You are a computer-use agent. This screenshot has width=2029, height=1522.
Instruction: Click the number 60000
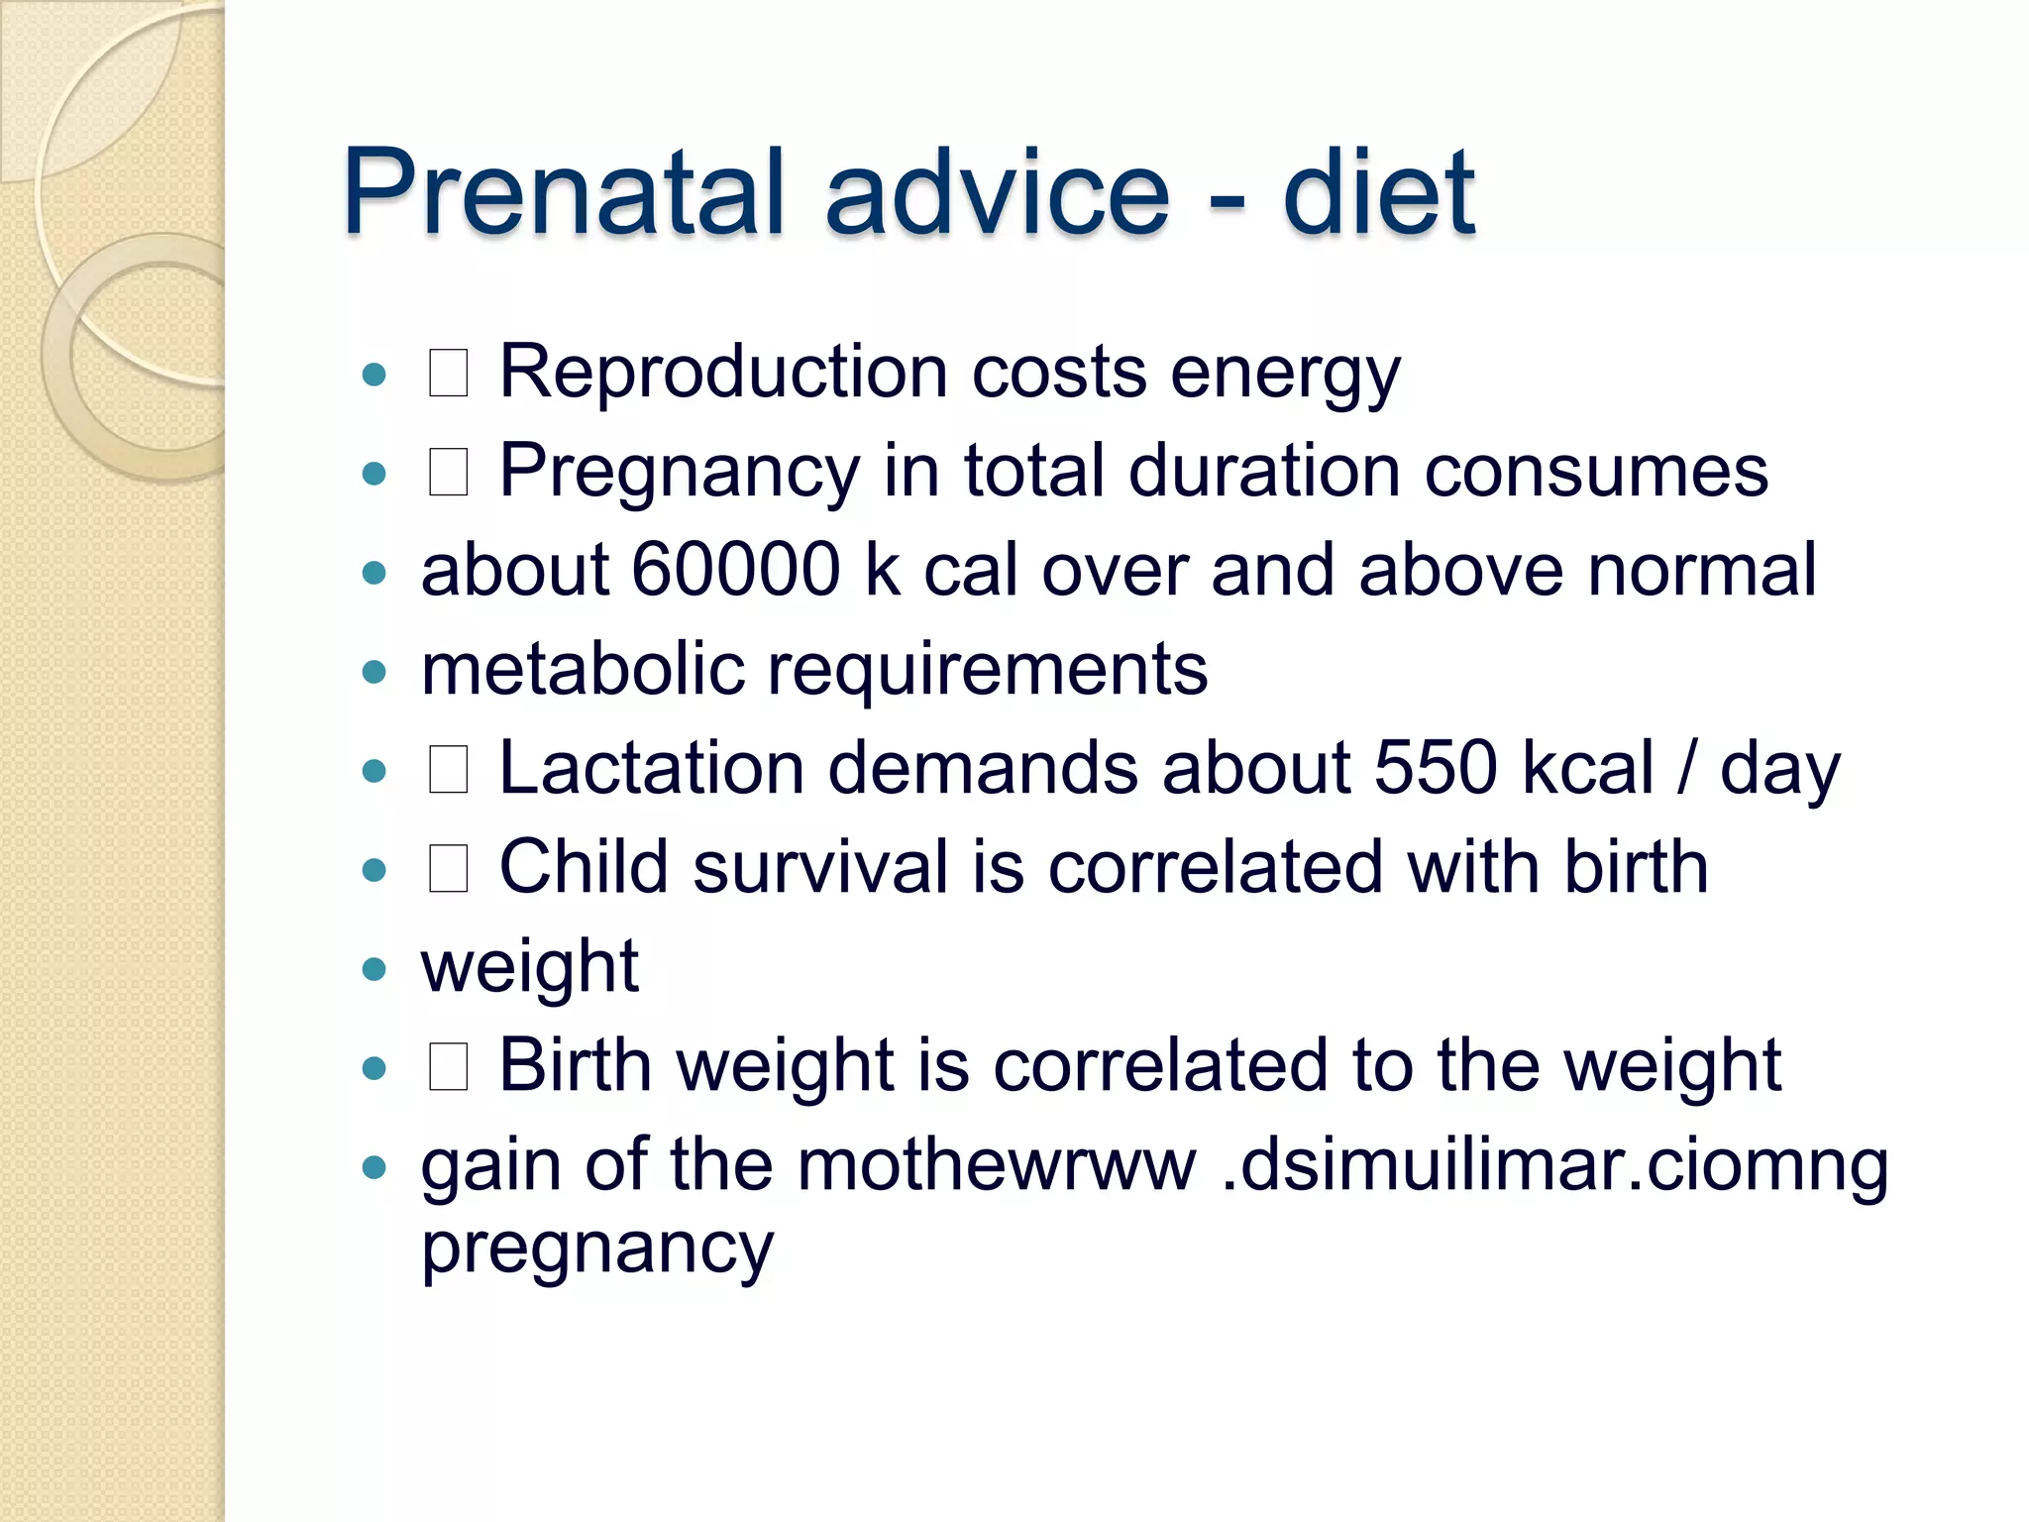click(x=735, y=571)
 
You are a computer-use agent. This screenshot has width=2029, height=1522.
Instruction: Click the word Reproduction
click(x=723, y=373)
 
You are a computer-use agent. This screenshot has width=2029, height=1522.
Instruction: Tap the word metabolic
click(x=583, y=670)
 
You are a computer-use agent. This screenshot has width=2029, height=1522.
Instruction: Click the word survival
click(x=820, y=868)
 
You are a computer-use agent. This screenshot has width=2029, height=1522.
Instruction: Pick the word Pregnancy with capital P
click(x=680, y=474)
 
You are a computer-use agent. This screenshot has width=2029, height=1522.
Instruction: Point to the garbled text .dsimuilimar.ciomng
click(x=1554, y=1167)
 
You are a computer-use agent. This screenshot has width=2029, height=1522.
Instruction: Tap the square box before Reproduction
click(x=448, y=375)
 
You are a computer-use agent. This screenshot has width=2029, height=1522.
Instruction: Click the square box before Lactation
click(x=448, y=771)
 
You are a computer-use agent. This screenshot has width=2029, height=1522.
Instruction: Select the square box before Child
click(x=448, y=870)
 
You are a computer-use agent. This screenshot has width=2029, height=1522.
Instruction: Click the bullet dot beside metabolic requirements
click(x=374, y=673)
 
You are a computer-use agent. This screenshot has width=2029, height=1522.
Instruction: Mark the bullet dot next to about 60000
click(x=374, y=573)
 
